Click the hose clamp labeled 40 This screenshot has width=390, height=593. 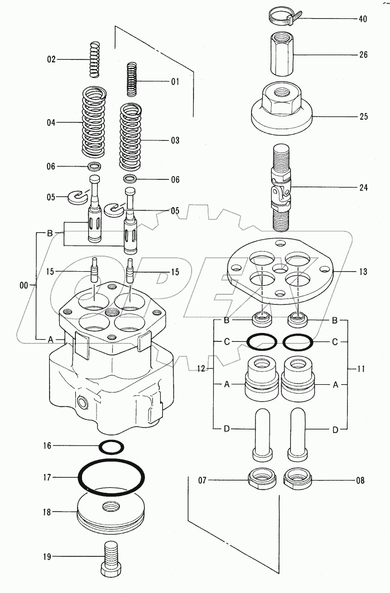tap(282, 17)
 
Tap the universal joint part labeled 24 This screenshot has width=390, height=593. tap(282, 187)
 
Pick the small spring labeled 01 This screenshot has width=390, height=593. tap(131, 80)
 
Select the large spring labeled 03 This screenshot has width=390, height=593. tap(131, 138)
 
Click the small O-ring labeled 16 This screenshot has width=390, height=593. tap(111, 447)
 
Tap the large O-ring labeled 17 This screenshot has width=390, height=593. tap(111, 477)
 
